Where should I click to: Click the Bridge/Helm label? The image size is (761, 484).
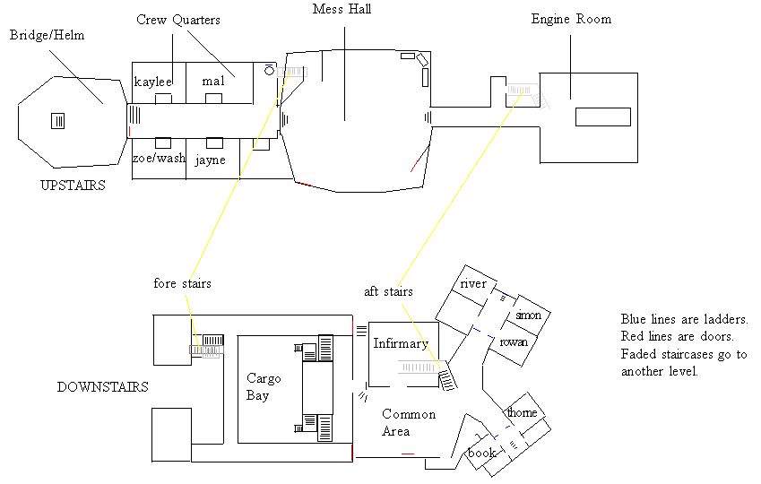click(48, 36)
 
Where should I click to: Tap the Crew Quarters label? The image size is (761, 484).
click(178, 20)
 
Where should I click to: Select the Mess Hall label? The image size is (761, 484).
click(342, 9)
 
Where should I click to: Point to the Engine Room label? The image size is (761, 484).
click(571, 20)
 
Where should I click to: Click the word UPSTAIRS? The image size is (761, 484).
click(73, 186)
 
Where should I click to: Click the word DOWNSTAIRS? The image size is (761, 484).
click(103, 387)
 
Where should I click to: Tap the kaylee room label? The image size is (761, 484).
click(153, 82)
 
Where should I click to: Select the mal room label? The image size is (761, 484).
click(213, 81)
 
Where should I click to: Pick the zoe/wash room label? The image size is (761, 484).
click(160, 158)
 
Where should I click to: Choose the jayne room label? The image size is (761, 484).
click(211, 160)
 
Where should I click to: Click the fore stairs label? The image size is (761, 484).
click(183, 283)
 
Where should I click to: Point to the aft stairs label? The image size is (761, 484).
click(388, 292)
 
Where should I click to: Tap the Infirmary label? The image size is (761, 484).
click(401, 343)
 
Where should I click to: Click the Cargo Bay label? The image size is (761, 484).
click(264, 387)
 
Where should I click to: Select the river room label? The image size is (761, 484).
click(473, 283)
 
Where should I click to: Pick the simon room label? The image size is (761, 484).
click(529, 315)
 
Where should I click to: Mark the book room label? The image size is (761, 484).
click(482, 453)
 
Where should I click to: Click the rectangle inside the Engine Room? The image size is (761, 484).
click(603, 117)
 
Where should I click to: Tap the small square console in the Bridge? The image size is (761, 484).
click(57, 121)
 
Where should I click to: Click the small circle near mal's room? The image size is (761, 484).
click(270, 71)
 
